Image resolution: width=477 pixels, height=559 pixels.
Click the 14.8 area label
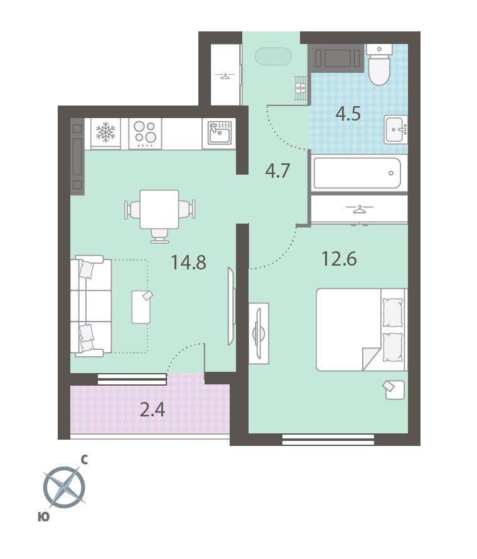(188, 262)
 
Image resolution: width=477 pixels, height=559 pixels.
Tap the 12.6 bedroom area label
(339, 259)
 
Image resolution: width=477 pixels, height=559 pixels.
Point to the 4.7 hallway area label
(278, 171)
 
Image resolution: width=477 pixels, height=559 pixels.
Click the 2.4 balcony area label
(153, 410)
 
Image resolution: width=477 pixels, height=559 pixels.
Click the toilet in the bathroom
(379, 65)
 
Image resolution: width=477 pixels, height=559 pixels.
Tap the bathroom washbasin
(396, 129)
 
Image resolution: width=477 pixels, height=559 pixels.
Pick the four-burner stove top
(146, 134)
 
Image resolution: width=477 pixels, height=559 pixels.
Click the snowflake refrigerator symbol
(106, 133)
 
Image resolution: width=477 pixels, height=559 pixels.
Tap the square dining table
(159, 209)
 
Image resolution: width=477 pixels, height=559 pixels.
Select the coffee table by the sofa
(141, 307)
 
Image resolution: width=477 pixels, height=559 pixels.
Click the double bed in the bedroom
(362, 329)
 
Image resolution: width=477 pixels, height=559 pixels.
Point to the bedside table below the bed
(394, 389)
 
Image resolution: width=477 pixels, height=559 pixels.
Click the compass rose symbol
(65, 487)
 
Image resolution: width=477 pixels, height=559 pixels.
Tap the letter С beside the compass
(84, 460)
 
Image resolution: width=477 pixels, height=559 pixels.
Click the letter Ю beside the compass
(43, 516)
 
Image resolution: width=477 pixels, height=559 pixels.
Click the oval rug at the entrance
(273, 57)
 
